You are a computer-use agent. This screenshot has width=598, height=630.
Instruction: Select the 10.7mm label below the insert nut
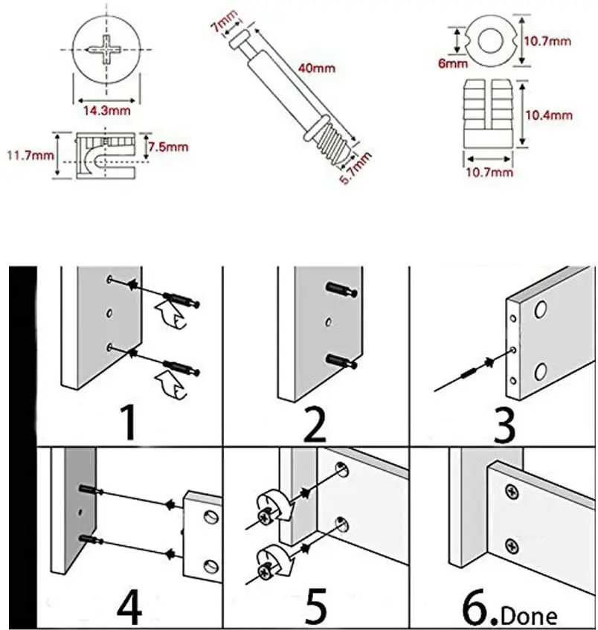[x=489, y=173]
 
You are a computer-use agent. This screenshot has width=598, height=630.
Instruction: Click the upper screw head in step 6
[x=512, y=491]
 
